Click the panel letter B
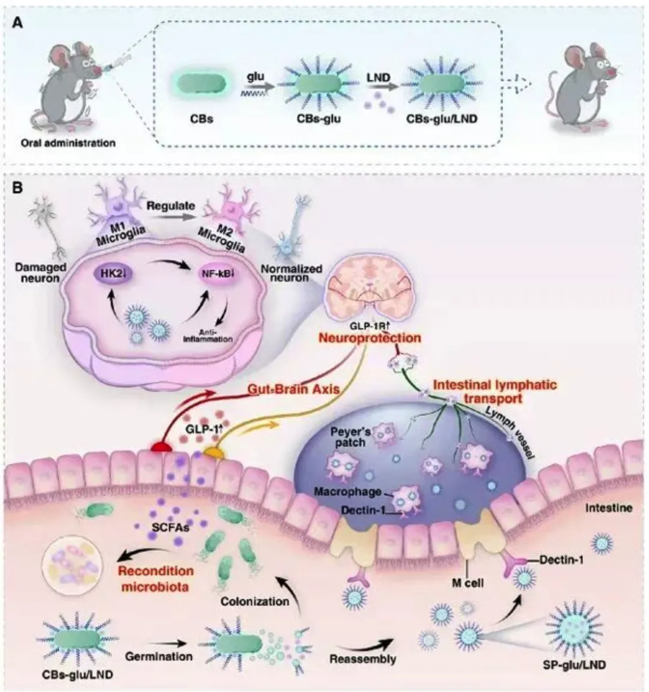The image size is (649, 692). (19, 188)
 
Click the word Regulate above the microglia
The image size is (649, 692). (172, 205)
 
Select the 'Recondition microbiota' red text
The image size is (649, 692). (156, 578)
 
